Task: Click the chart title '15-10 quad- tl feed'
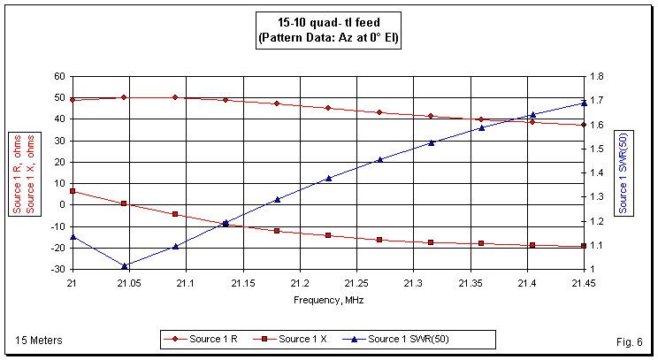(x=328, y=24)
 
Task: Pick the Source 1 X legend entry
(x=300, y=339)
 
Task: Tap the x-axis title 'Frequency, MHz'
(x=328, y=300)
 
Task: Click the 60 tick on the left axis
(x=59, y=76)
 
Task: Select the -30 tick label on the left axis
(x=57, y=269)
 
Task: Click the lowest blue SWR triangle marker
(x=124, y=265)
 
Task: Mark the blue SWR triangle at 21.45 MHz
(x=584, y=103)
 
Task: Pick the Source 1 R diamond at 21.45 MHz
(x=584, y=125)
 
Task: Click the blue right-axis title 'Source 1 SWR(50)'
(x=624, y=173)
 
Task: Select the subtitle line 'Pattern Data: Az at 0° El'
(x=328, y=39)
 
